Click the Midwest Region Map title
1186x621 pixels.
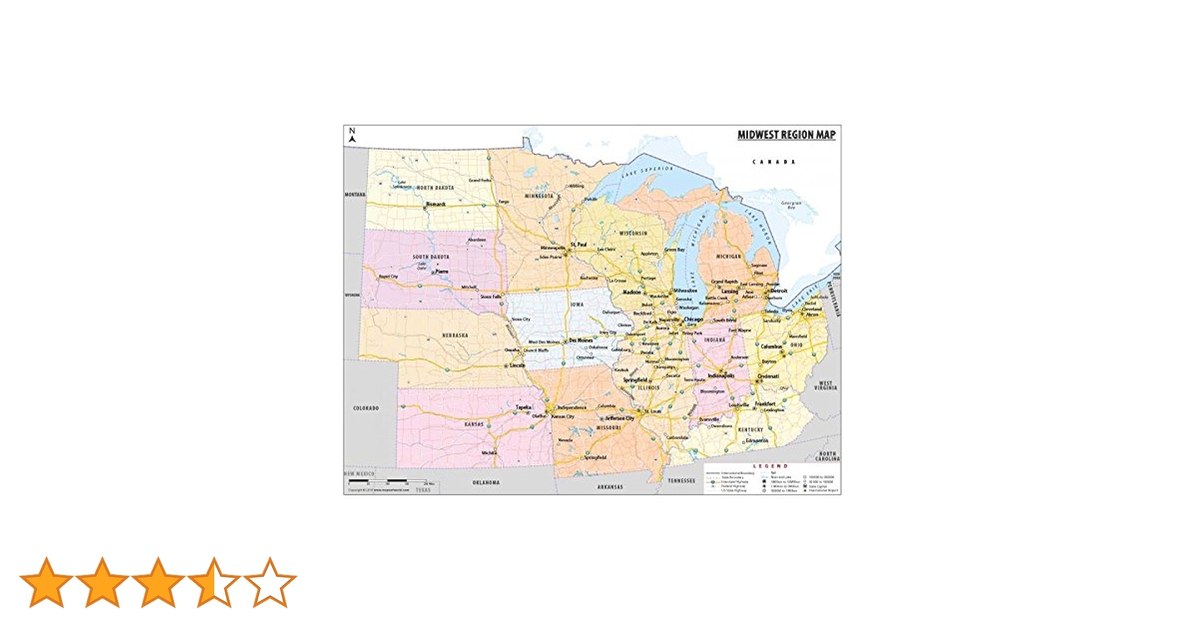[x=786, y=135]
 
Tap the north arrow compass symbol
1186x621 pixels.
[x=352, y=135]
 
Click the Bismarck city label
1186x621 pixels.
[x=435, y=204]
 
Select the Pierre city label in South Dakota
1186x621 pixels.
[x=441, y=271]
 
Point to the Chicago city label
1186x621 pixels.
[x=694, y=319]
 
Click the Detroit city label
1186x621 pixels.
[x=779, y=291]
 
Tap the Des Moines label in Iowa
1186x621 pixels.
[x=581, y=340]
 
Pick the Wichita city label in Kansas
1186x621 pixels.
[x=489, y=453]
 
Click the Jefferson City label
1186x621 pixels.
[x=620, y=419]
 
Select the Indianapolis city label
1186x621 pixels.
[x=722, y=376]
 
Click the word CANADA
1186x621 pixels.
[x=774, y=162]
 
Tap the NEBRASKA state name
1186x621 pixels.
[x=455, y=335]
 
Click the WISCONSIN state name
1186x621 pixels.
[x=633, y=233]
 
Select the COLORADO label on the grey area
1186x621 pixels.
[x=366, y=408]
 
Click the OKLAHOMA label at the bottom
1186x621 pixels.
[x=486, y=483]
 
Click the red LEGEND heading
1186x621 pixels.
[x=771, y=466]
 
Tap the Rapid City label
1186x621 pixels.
[x=388, y=276]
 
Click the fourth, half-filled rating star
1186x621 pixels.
[x=214, y=582]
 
